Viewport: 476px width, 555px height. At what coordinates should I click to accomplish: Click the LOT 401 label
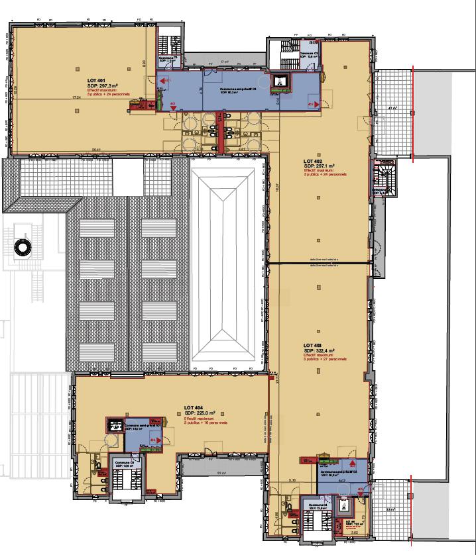[x=96, y=79]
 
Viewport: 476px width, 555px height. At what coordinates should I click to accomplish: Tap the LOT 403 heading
[x=313, y=345]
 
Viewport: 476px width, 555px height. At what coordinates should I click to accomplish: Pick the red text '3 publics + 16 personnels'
[x=206, y=423]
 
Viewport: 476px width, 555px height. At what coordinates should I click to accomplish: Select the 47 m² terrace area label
[x=392, y=107]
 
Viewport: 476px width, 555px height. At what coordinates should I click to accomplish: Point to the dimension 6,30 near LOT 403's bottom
[x=292, y=481]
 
